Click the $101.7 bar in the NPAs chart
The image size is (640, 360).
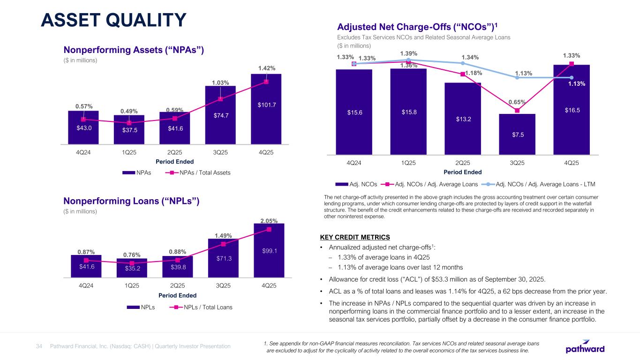pos(266,112)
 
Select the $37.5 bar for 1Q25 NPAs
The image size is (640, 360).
pos(129,131)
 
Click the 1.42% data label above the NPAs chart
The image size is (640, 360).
pos(266,68)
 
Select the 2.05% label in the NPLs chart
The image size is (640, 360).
pos(269,221)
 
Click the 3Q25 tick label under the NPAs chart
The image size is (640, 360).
pos(220,152)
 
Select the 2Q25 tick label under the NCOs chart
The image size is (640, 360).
pos(462,163)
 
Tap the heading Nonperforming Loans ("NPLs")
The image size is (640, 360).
pos(132,201)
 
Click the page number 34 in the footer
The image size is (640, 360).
pos(39,346)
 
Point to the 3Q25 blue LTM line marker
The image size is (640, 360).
pos(517,77)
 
